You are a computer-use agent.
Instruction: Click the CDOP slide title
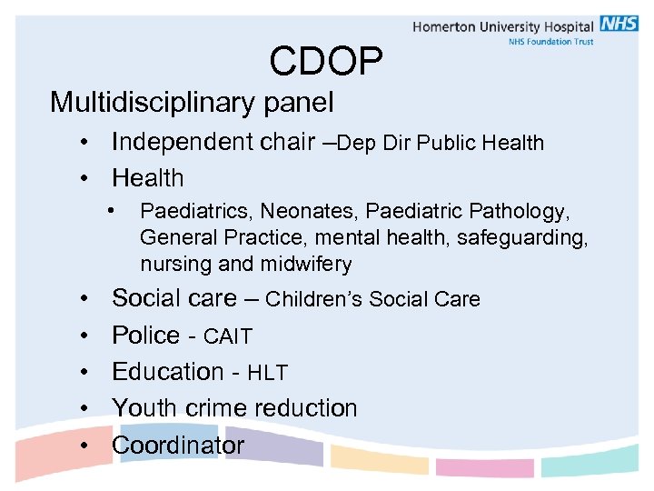click(326, 62)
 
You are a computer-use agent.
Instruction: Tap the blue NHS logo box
click(619, 24)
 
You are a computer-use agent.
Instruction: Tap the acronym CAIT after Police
click(227, 337)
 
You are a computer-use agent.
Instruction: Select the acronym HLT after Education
click(267, 373)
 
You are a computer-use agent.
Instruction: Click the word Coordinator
click(178, 446)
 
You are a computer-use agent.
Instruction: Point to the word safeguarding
click(533, 238)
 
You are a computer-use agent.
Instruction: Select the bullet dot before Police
click(83, 336)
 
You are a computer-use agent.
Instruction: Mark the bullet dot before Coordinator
click(83, 446)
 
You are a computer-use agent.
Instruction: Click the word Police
click(145, 336)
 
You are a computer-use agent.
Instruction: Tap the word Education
click(167, 372)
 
